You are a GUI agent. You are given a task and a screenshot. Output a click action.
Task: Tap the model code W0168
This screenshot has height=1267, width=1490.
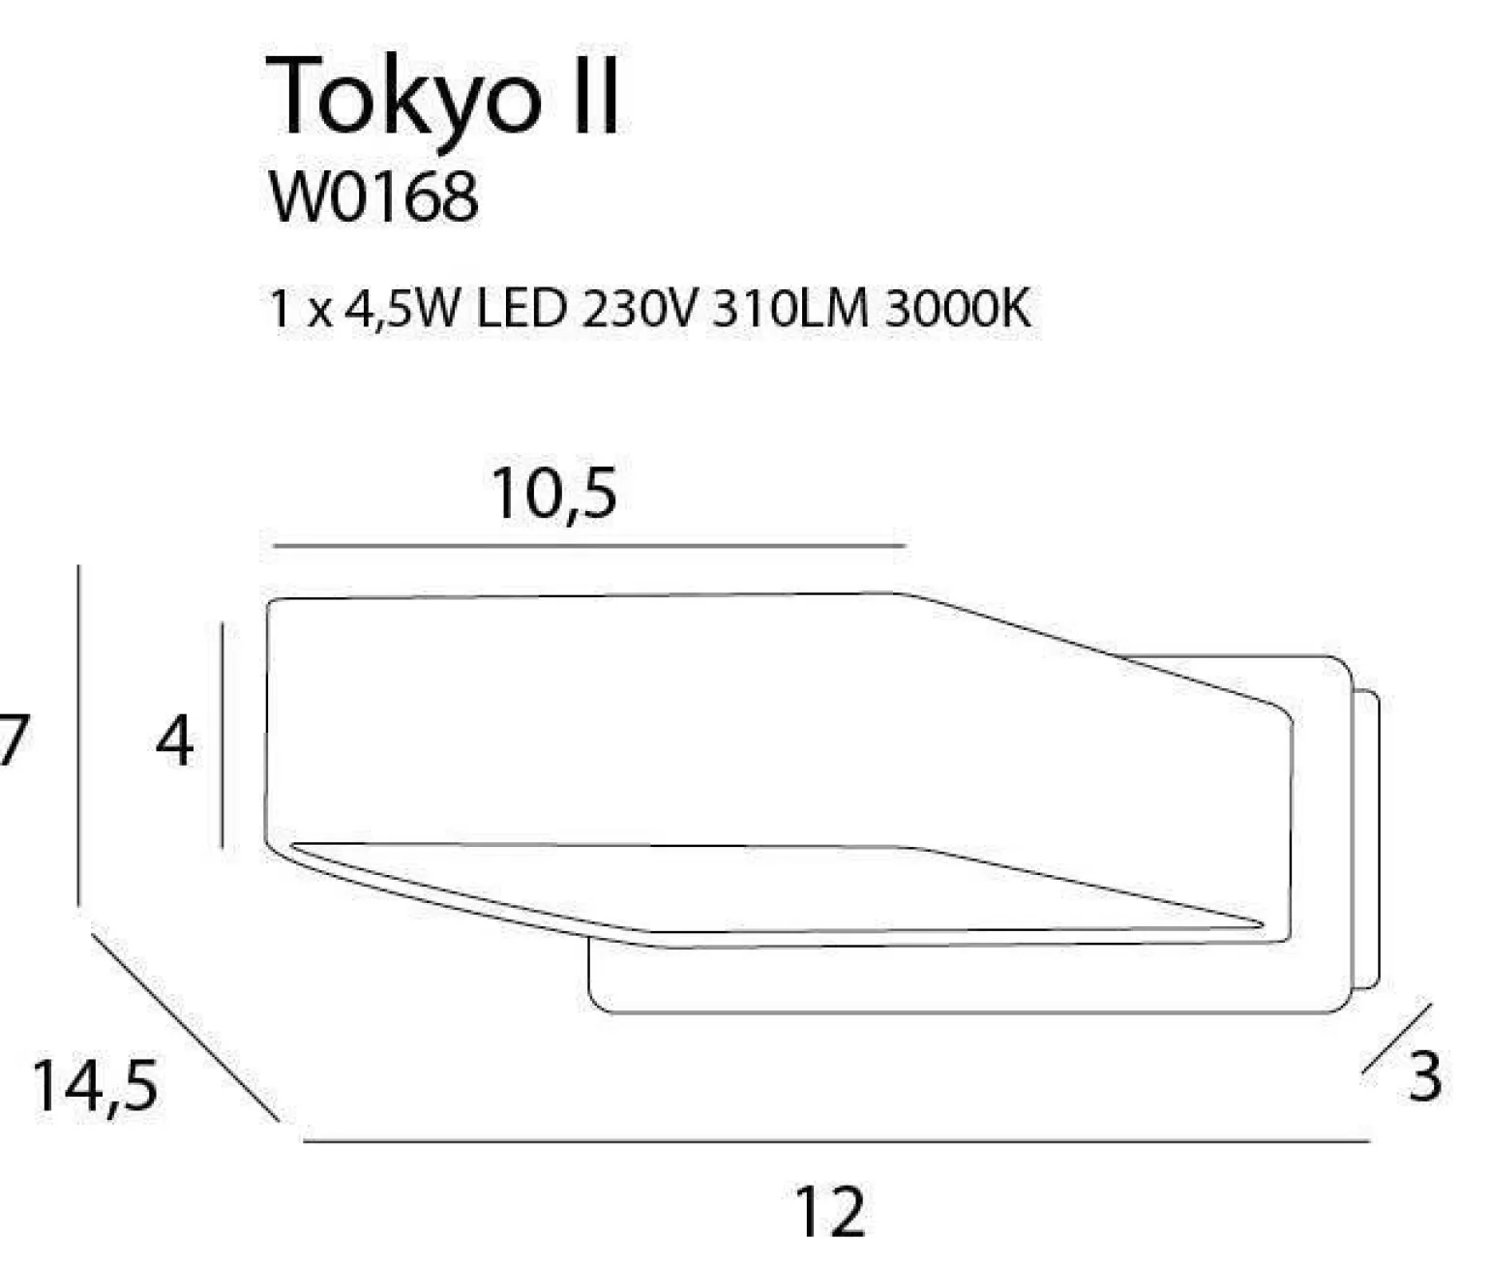[x=373, y=198]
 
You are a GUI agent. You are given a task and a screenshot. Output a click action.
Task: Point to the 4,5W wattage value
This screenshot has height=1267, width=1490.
[x=398, y=310]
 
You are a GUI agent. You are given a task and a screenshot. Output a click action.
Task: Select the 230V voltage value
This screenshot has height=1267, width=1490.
[x=638, y=310]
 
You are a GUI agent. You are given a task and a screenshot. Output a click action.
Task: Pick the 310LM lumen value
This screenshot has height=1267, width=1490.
[x=790, y=310]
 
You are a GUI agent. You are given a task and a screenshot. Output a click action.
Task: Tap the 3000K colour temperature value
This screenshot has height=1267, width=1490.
[x=958, y=310]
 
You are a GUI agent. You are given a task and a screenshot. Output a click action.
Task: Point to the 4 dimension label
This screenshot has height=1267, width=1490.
[x=175, y=743]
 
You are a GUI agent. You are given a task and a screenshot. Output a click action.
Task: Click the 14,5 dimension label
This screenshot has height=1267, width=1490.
[x=94, y=1086]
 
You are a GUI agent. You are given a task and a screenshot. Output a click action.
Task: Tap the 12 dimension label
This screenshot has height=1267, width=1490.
[x=830, y=1213]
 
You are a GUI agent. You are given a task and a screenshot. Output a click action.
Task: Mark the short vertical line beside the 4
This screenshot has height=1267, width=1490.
[x=223, y=736]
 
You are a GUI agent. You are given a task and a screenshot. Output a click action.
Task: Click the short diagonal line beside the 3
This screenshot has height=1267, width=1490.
[x=1397, y=1039]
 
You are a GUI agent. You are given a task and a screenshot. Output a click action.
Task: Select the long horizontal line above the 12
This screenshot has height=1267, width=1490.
[x=836, y=1141]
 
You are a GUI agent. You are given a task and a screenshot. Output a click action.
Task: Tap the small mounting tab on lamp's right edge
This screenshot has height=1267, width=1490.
[x=1366, y=840]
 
